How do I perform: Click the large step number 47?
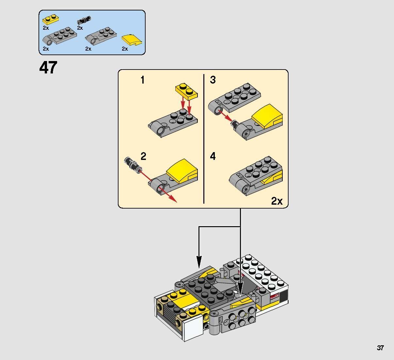point(48,68)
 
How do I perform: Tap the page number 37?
point(380,348)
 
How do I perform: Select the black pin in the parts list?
point(84,21)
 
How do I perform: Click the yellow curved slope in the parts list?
point(132,40)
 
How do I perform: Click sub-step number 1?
point(143,80)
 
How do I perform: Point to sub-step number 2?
point(143,156)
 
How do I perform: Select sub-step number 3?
point(213,80)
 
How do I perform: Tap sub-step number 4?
point(213,156)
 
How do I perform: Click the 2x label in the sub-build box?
point(277,201)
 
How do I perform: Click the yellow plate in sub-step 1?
point(186,91)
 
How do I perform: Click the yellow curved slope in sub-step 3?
point(267,116)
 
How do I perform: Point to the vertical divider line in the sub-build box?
point(204,139)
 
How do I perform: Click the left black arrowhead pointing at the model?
point(199,261)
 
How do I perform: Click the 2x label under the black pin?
point(80,28)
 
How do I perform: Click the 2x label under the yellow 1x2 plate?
point(46,28)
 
